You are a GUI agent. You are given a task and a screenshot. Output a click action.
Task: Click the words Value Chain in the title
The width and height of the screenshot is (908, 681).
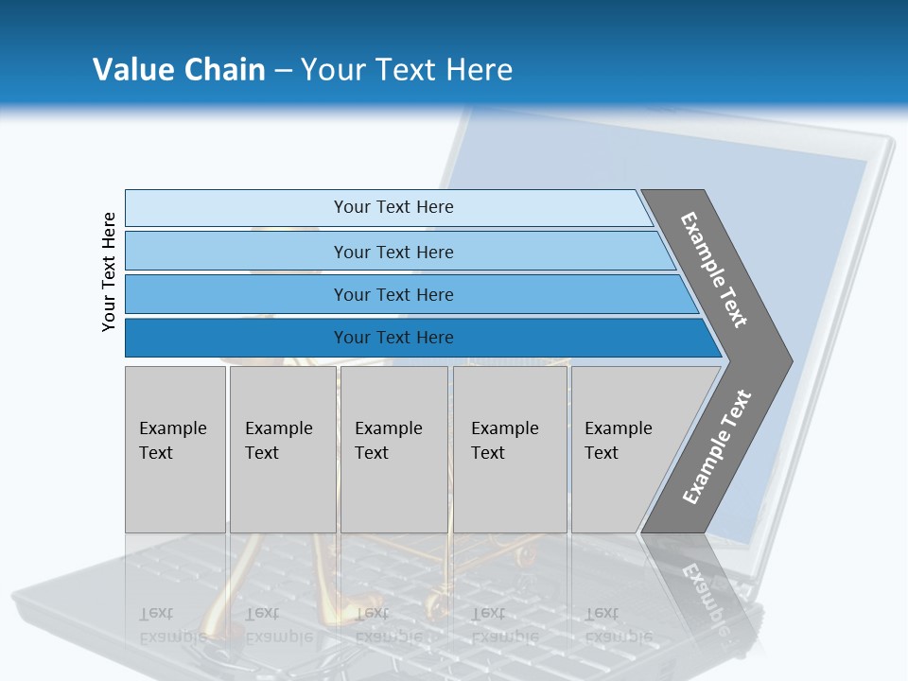point(179,69)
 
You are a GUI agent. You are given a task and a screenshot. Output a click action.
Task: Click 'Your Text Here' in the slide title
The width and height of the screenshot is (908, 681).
point(407,69)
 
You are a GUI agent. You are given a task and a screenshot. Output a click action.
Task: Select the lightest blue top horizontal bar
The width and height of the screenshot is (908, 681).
point(236,208)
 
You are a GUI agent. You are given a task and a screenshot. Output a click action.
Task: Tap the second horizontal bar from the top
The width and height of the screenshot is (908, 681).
point(236,252)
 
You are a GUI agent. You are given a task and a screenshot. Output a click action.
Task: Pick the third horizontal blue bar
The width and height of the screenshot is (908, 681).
point(236,294)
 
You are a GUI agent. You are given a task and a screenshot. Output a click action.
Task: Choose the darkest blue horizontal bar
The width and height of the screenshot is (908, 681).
point(236,338)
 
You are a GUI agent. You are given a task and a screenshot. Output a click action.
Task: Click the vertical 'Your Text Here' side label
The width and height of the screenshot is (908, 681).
point(109,271)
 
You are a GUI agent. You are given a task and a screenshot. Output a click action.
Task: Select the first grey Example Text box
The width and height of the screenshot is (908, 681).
point(175,449)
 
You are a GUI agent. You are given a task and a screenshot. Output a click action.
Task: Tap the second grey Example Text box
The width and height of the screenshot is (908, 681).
point(282,449)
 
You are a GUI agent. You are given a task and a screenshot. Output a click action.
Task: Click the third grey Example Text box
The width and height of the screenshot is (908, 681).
point(393,449)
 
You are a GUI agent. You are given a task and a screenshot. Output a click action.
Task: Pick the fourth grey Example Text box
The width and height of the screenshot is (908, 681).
point(510,449)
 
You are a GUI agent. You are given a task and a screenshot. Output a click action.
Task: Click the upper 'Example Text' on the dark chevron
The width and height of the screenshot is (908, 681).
point(714,270)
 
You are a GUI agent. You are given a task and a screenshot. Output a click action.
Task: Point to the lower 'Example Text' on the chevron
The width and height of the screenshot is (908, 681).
point(716,446)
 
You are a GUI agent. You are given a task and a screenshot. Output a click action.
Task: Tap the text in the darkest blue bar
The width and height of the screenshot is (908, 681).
point(393,338)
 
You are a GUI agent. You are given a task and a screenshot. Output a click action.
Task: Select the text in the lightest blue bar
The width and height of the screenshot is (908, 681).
point(393,207)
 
